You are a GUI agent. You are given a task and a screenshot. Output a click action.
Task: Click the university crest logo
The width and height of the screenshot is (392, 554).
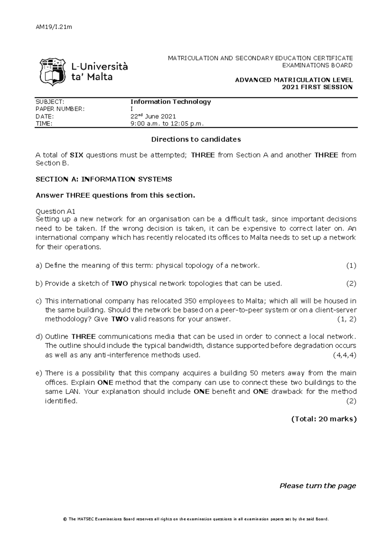click(51, 72)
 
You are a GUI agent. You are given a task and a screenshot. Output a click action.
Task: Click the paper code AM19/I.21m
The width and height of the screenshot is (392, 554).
click(53, 27)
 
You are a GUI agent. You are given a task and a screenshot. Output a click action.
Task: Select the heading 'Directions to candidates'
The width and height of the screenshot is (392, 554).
click(196, 139)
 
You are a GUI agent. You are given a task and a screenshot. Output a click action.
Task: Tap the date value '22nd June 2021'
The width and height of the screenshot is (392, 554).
click(153, 116)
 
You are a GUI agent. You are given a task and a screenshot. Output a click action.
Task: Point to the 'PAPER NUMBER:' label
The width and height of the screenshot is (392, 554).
click(60, 109)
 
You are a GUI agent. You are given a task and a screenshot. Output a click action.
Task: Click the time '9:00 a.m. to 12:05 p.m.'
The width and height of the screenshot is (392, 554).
click(167, 124)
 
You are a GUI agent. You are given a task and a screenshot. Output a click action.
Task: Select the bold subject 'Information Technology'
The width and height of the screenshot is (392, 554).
click(171, 101)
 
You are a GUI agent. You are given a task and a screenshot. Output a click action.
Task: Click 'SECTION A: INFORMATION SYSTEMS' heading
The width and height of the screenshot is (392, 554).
click(104, 179)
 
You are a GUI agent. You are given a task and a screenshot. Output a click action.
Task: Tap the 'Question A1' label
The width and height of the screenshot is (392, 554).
click(55, 211)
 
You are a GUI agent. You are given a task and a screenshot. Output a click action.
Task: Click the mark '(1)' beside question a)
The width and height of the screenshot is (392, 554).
click(351, 266)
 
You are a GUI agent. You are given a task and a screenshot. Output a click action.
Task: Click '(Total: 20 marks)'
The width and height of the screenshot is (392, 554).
click(323, 419)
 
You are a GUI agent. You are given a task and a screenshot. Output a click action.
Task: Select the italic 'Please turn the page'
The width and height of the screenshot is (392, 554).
click(318, 486)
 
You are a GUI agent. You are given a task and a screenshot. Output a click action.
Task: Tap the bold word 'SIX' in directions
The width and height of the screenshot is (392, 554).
click(77, 155)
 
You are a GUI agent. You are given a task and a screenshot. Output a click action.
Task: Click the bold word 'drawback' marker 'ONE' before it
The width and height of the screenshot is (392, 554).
click(260, 392)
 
